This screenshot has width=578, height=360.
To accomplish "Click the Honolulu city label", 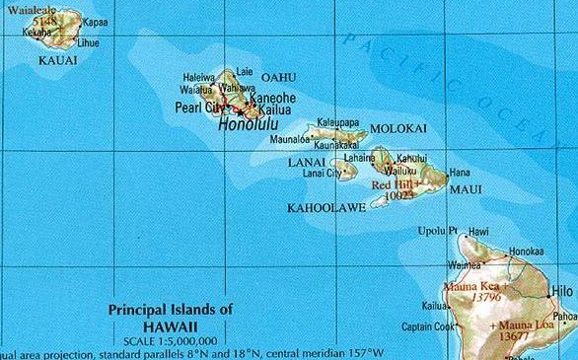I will point(247,126).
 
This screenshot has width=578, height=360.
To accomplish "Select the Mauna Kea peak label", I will point(474,286).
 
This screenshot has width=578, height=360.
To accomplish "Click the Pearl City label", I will point(198,107).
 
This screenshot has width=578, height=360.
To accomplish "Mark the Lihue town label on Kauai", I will point(88,42).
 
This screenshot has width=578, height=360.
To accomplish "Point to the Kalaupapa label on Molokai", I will point(338,125).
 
